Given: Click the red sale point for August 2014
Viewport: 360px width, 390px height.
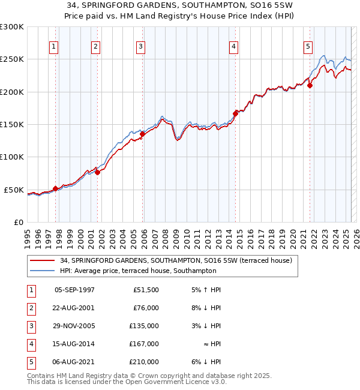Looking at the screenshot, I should tap(235, 113).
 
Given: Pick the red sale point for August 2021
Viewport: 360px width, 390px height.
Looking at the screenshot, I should tap(310, 85).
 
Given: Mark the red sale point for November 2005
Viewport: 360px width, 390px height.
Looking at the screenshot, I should tap(143, 134).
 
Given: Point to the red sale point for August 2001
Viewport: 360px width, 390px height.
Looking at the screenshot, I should tap(98, 173).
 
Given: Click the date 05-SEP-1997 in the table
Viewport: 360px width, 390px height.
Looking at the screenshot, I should tap(74, 290).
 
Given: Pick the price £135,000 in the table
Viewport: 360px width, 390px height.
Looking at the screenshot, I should tap(145, 326).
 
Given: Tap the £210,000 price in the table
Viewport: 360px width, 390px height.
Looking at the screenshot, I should tap(145, 362).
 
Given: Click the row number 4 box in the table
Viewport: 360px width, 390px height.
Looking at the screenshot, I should tap(30, 344).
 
